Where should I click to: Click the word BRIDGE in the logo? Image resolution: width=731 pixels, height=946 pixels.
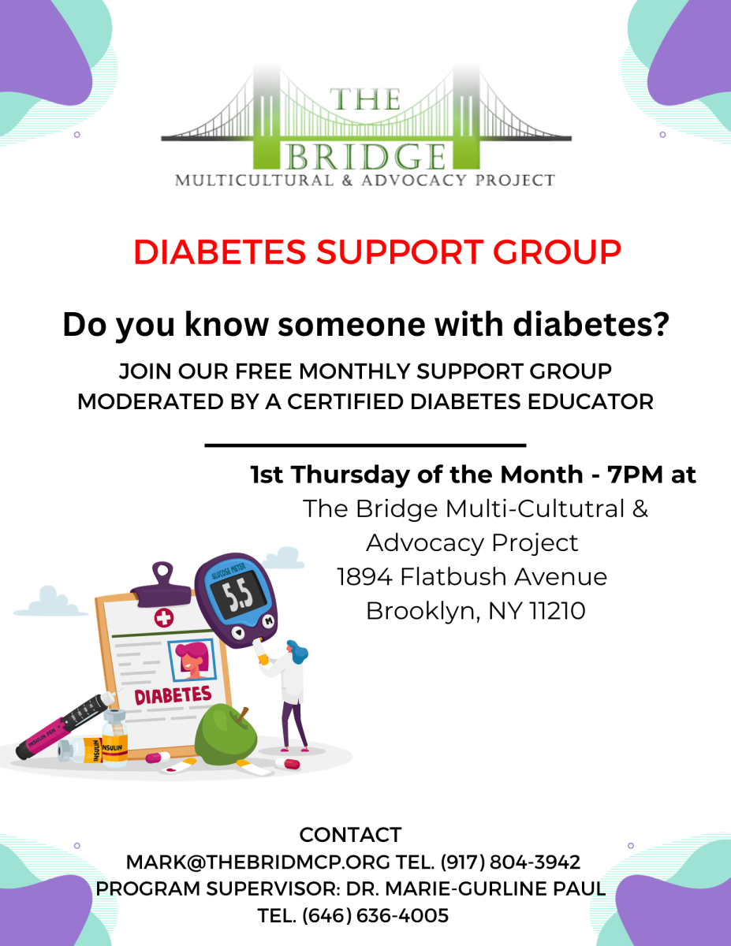click(x=366, y=156)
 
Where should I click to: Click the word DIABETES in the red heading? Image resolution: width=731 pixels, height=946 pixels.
click(x=220, y=252)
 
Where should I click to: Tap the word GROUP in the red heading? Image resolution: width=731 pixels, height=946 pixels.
click(x=557, y=252)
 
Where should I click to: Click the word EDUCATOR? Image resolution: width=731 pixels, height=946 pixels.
click(x=591, y=401)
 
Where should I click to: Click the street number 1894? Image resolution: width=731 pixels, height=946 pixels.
click(x=364, y=577)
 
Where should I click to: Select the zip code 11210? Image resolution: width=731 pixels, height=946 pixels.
click(x=558, y=611)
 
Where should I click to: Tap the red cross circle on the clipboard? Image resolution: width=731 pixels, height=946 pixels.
click(x=164, y=617)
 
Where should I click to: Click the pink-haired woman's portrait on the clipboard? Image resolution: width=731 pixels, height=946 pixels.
click(x=192, y=660)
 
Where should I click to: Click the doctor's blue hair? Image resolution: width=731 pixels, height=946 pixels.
click(x=297, y=652)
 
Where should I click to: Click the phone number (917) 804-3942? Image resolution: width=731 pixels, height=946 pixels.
click(x=510, y=862)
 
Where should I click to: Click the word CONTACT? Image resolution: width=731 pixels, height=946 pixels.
click(x=350, y=835)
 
